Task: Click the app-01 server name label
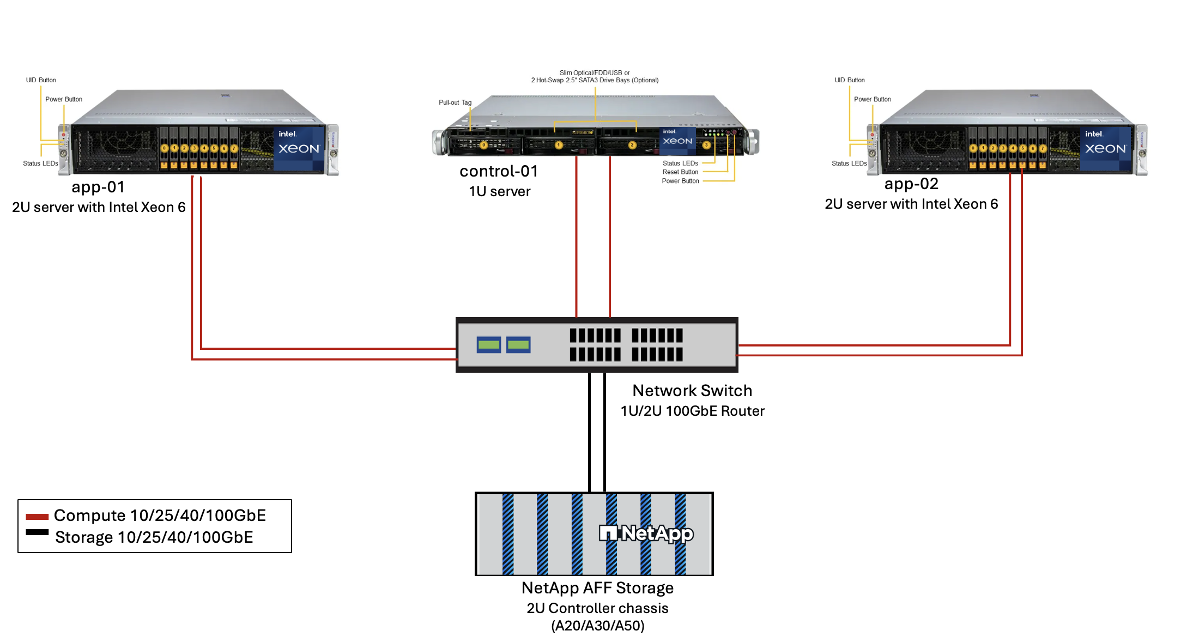pyautogui.click(x=98, y=187)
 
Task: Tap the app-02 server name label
pyautogui.click(x=911, y=184)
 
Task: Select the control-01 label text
pyautogui.click(x=499, y=172)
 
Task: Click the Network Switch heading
pyautogui.click(x=692, y=391)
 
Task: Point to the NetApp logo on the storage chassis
pyautogui.click(x=646, y=533)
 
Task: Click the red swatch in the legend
pyautogui.click(x=37, y=517)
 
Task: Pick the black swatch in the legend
pyautogui.click(x=37, y=532)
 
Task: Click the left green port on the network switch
pyautogui.click(x=489, y=344)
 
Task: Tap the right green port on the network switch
pyautogui.click(x=518, y=344)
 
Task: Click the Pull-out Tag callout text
pyautogui.click(x=455, y=102)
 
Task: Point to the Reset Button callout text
pyautogui.click(x=680, y=172)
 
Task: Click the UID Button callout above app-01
pyautogui.click(x=41, y=80)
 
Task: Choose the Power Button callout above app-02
pyautogui.click(x=872, y=99)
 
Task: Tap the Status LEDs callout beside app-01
pyautogui.click(x=40, y=163)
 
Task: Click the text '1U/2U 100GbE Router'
pyautogui.click(x=692, y=411)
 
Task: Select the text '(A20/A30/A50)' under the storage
pyautogui.click(x=597, y=626)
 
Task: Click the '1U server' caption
pyautogui.click(x=499, y=192)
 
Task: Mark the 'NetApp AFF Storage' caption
pyautogui.click(x=597, y=589)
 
